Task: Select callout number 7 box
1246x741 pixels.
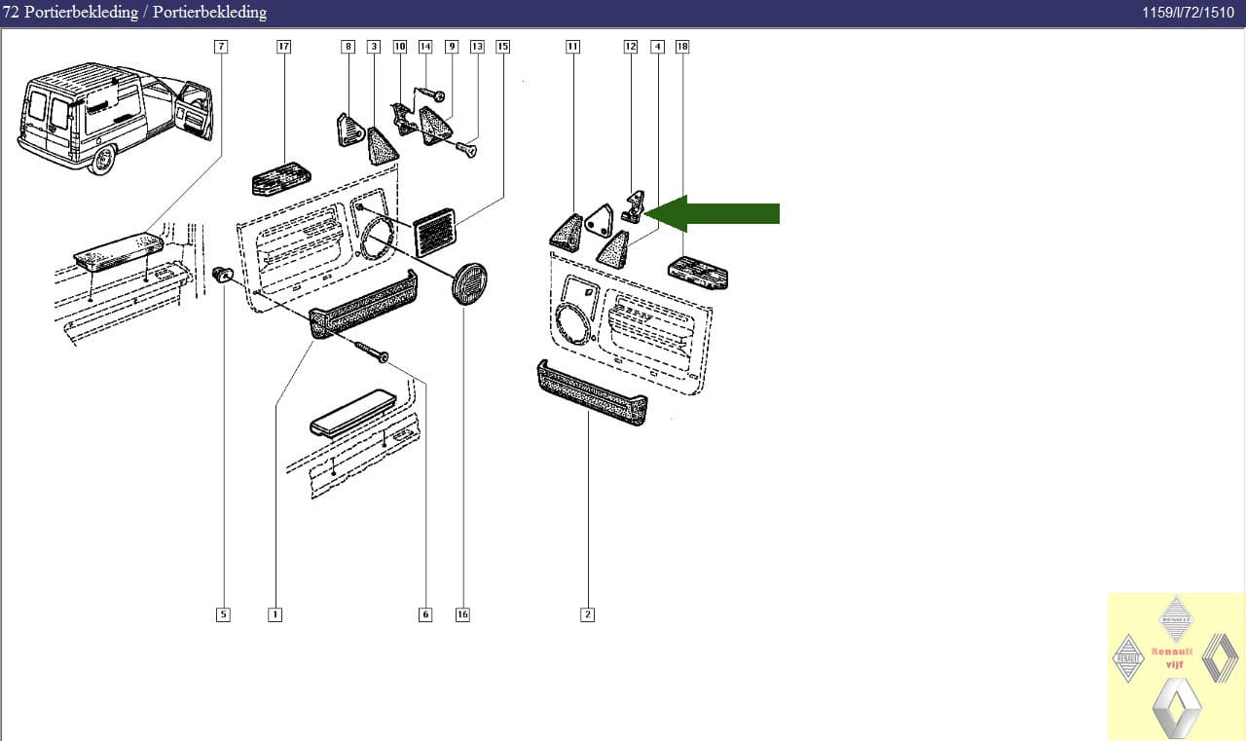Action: click(221, 46)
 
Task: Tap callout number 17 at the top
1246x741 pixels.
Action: click(283, 46)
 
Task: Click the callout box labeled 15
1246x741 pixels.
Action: click(502, 46)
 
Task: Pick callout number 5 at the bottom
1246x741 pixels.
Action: click(223, 614)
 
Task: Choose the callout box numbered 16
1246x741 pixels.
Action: click(462, 614)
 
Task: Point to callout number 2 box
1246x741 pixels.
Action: click(587, 614)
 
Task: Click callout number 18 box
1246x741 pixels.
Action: click(681, 46)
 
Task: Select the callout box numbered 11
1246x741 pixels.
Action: click(572, 46)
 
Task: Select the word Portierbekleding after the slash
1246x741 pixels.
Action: click(209, 13)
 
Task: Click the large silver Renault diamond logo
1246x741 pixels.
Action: click(1176, 706)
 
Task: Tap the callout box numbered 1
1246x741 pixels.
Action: click(275, 614)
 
